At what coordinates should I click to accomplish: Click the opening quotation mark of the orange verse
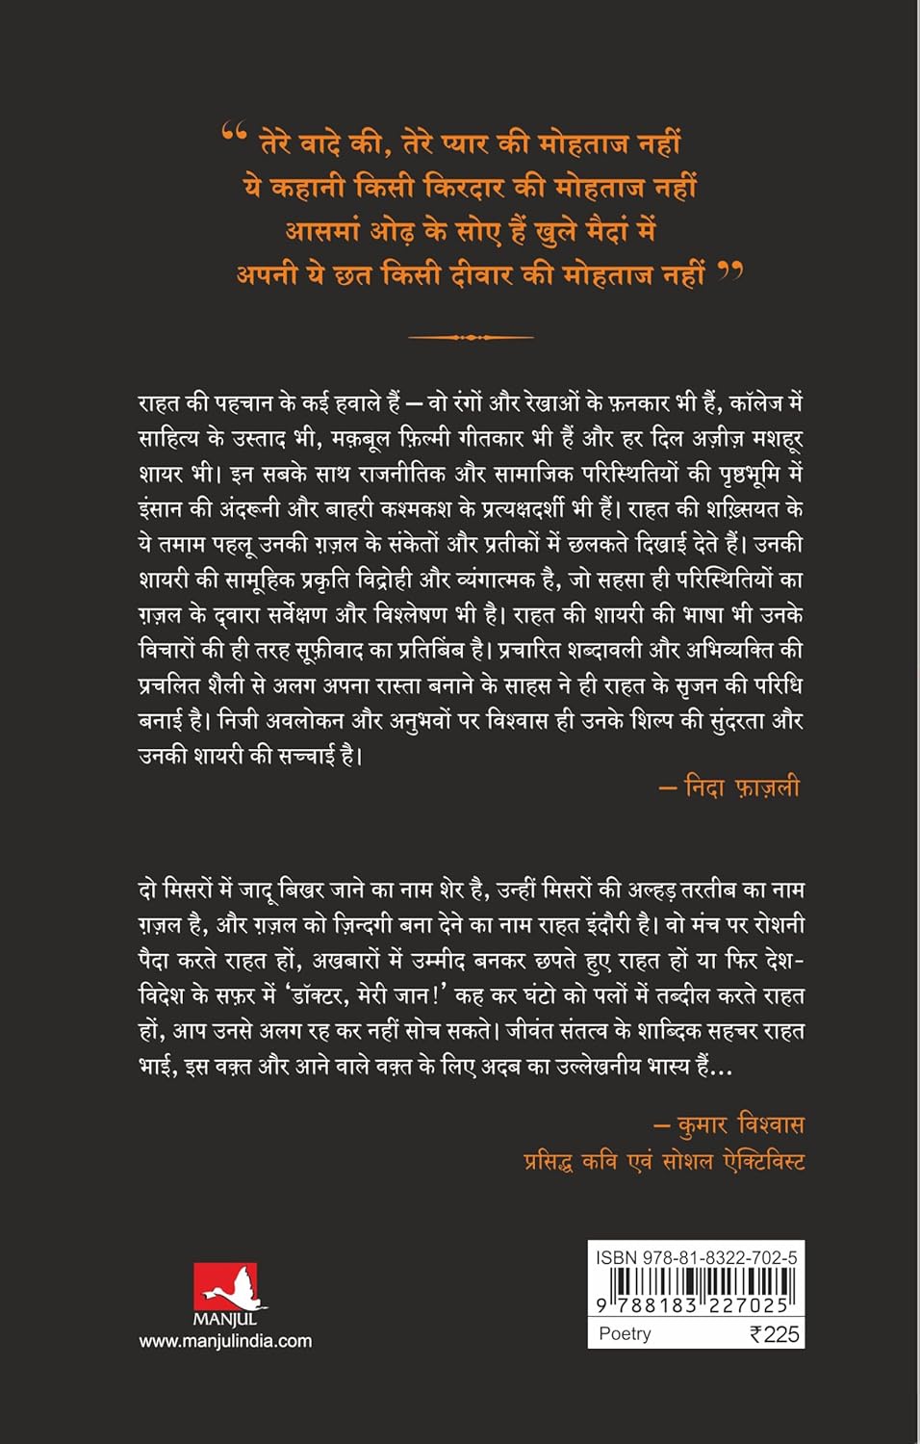pyautogui.click(x=234, y=133)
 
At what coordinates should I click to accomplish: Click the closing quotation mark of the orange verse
pyautogui.click(x=730, y=273)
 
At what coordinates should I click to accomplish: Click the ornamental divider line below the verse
pyautogui.click(x=471, y=337)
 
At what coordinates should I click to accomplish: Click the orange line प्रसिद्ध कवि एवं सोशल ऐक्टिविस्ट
pyautogui.click(x=664, y=1161)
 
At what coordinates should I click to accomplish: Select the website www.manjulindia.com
pyautogui.click(x=225, y=1341)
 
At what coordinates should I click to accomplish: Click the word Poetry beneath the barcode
pyautogui.click(x=625, y=1333)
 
